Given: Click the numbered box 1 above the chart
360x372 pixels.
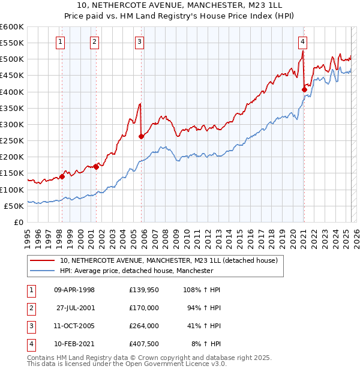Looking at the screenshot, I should (62, 41).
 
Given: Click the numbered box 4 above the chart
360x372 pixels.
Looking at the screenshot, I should (303, 41).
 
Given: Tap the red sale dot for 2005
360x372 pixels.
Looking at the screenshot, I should (142, 136).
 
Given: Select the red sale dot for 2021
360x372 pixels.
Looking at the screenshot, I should (304, 89).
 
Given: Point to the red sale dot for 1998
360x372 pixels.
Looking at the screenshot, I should (62, 177).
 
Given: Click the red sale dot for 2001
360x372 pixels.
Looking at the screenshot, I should (97, 167).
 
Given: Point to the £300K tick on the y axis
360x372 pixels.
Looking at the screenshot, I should (12, 124).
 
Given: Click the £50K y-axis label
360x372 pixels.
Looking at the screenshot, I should (14, 206).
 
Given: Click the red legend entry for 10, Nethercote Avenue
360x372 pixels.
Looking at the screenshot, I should (168, 261).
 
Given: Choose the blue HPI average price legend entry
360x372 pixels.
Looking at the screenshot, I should (136, 271).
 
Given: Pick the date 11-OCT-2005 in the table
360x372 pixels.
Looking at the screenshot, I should (74, 326).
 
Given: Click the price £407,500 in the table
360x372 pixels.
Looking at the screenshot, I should (144, 344).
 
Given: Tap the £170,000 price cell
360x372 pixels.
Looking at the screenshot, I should (144, 308).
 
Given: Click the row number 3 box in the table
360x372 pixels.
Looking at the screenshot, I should (30, 326).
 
